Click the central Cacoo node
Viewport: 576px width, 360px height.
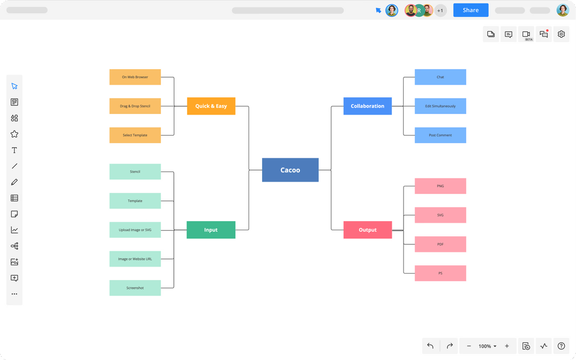coord(290,170)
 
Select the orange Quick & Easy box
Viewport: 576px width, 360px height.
coord(211,106)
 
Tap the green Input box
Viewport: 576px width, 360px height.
coord(211,230)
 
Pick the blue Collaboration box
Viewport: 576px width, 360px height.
coord(367,106)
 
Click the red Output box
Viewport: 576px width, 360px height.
coord(367,230)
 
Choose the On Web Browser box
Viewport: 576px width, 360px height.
coord(135,77)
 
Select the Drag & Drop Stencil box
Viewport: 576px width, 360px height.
coord(135,106)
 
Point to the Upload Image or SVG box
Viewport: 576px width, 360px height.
coord(135,230)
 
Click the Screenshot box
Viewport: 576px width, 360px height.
coord(135,288)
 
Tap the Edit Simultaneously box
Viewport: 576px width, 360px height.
coord(440,106)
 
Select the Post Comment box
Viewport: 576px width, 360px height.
coord(440,135)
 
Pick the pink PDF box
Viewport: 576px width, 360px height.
coord(440,244)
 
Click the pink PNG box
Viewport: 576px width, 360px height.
coord(440,186)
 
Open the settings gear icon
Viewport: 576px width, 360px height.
coord(561,34)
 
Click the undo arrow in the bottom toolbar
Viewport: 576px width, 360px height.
coord(430,346)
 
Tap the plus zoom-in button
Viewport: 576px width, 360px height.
coord(507,346)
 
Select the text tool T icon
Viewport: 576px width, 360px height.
coord(15,150)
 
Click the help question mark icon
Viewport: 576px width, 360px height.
coord(561,346)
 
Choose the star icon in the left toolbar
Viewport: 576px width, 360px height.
coord(15,134)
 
